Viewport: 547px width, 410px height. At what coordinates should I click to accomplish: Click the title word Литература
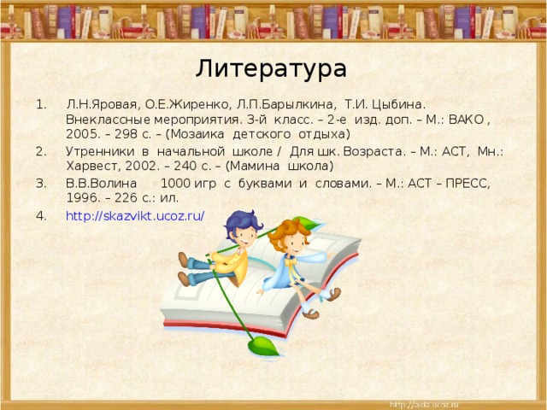pyautogui.click(x=271, y=68)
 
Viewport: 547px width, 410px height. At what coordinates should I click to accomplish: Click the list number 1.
pyautogui.click(x=40, y=103)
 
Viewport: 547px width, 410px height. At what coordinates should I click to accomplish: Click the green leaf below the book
pyautogui.click(x=262, y=346)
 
